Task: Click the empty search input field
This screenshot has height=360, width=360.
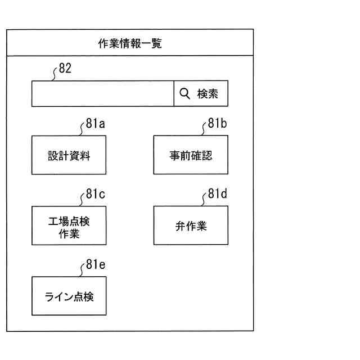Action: [102, 93]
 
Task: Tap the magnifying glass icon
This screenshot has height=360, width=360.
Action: [184, 93]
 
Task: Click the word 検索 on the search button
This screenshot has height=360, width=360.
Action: [207, 94]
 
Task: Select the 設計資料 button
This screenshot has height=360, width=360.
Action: [69, 155]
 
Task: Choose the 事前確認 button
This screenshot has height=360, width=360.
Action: [191, 155]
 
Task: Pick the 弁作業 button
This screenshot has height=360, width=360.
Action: [191, 226]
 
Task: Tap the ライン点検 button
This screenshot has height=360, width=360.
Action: [69, 296]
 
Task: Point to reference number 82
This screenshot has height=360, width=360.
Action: [65, 69]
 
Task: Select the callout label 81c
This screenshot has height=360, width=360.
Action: [96, 195]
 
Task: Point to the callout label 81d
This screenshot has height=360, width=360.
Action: [217, 195]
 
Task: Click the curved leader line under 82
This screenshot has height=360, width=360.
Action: [55, 75]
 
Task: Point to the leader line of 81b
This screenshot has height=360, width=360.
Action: [204, 130]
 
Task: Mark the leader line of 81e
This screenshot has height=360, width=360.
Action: [82, 271]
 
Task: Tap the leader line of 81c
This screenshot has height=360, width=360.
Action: [82, 200]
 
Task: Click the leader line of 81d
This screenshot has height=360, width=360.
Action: [204, 200]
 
